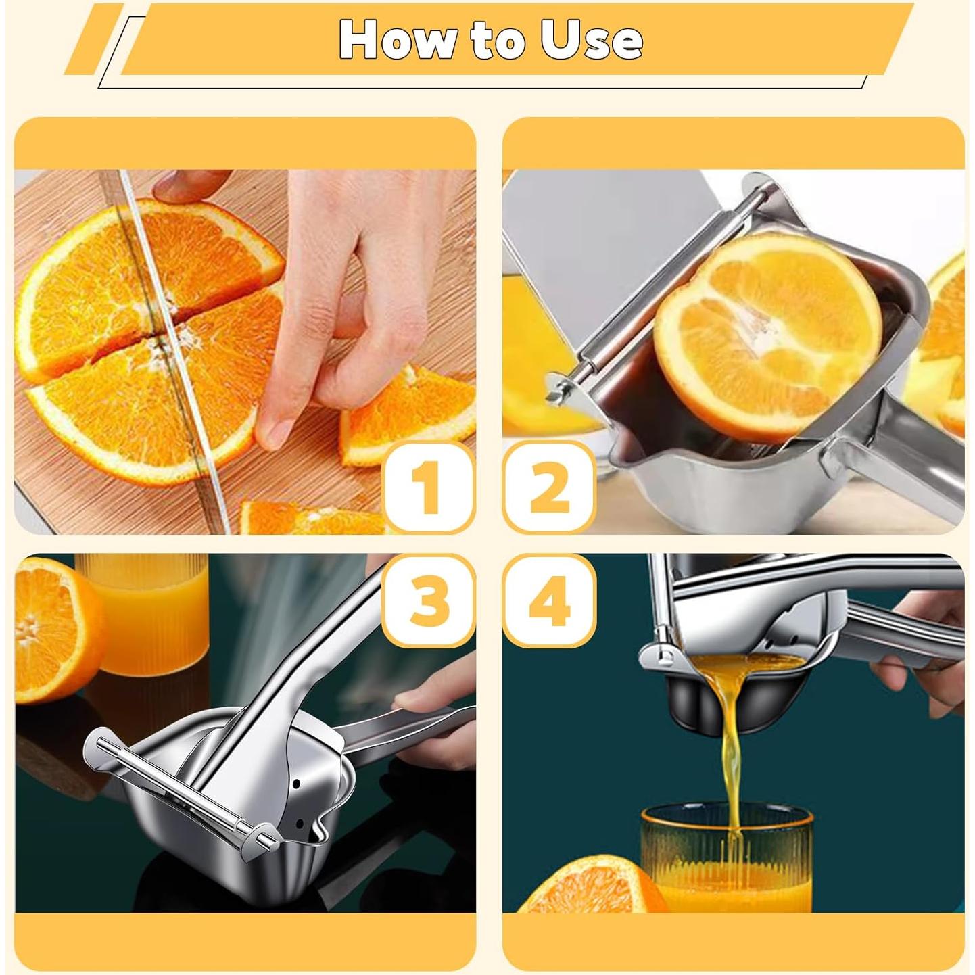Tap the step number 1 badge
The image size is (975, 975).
428,487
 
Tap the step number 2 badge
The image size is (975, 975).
549,487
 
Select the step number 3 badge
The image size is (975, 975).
428,600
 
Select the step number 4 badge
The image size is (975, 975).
549,600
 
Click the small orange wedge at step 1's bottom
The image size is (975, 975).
304,517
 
